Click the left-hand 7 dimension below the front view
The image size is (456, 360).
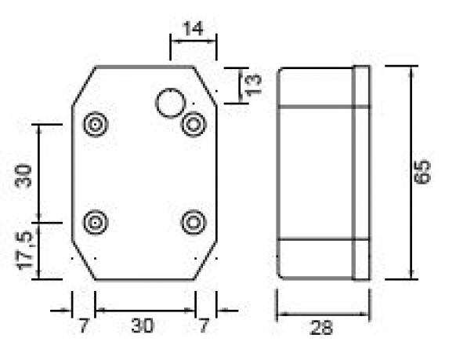(x=84, y=325)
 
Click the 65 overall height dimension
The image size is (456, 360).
(x=424, y=172)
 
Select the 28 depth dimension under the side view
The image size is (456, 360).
(x=321, y=328)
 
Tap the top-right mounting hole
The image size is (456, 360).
(x=193, y=125)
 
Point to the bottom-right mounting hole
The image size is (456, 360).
(x=193, y=223)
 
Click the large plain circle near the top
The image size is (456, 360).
(x=169, y=103)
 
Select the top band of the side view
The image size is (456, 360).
(x=315, y=86)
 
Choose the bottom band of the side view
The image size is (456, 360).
(x=315, y=258)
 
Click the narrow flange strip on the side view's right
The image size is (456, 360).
(x=361, y=172)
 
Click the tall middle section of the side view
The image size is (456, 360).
(x=315, y=172)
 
